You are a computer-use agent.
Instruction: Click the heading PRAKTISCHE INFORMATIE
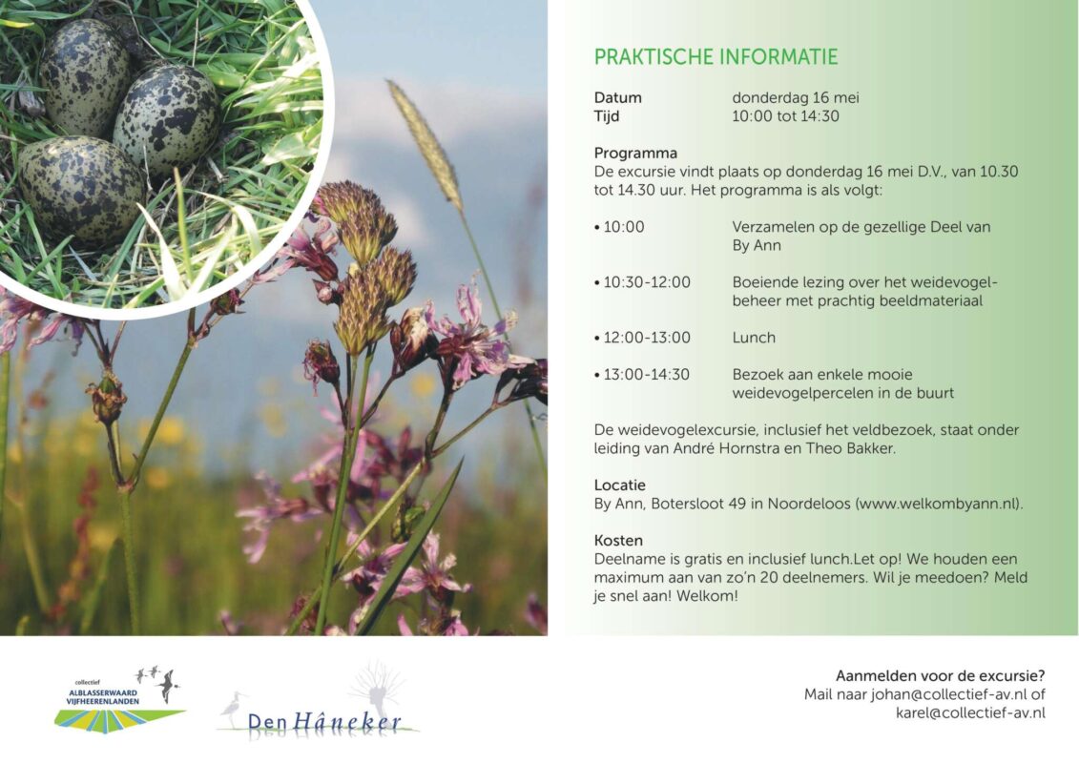pyautogui.click(x=716, y=57)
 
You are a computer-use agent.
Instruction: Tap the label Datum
pyautogui.click(x=618, y=97)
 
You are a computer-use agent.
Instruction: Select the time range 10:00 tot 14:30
pyautogui.click(x=785, y=116)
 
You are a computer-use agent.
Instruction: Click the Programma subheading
pyautogui.click(x=635, y=154)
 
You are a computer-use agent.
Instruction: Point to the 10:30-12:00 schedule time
pyautogui.click(x=646, y=282)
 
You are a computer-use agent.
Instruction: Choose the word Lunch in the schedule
pyautogui.click(x=754, y=338)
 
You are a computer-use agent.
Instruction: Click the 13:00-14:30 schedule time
pyautogui.click(x=646, y=375)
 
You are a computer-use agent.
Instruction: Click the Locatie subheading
pyautogui.click(x=619, y=485)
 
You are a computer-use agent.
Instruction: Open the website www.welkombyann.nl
pyautogui.click(x=939, y=504)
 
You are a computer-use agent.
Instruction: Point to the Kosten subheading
pyautogui.click(x=618, y=541)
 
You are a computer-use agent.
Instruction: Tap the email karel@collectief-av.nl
pyautogui.click(x=970, y=713)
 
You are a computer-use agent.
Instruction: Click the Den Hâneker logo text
pyautogui.click(x=324, y=722)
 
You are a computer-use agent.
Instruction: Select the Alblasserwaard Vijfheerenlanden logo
pyautogui.click(x=119, y=700)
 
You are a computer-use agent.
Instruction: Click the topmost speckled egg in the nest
pyautogui.click(x=84, y=77)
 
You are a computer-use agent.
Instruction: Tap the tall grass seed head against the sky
pyautogui.click(x=426, y=144)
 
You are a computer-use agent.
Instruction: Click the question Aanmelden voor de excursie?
pyautogui.click(x=940, y=675)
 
